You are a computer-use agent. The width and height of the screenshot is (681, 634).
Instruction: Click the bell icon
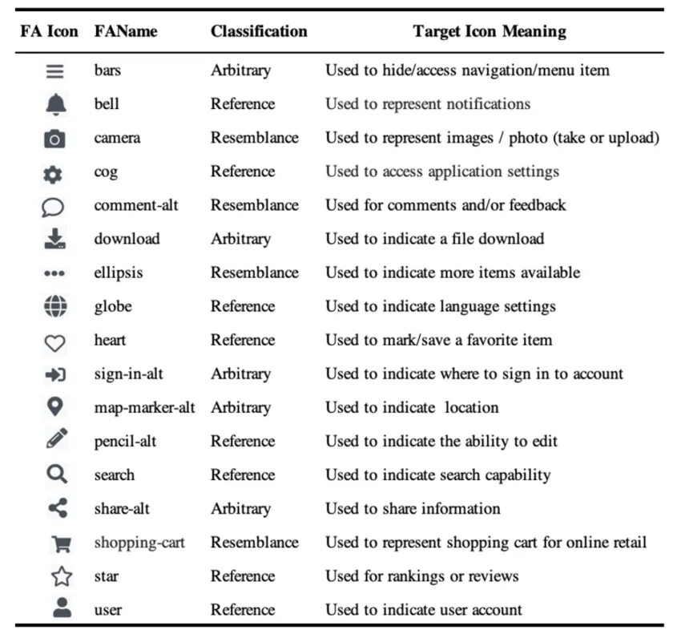(54, 104)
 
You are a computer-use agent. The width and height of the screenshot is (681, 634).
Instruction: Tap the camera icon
(54, 139)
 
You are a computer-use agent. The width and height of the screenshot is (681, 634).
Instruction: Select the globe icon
(54, 306)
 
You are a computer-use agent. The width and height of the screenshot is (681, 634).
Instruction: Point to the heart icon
(54, 341)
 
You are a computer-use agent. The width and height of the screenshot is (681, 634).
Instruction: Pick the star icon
(61, 577)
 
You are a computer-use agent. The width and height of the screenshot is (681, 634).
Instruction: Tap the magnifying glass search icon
(54, 474)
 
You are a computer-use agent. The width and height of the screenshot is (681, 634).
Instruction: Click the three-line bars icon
(54, 71)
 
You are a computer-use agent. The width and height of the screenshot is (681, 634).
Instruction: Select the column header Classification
(259, 32)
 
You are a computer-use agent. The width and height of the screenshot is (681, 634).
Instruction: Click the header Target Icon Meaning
(490, 32)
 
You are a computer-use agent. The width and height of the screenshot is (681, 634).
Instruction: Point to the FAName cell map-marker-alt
(144, 407)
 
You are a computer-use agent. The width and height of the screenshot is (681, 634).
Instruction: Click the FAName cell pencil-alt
(127, 441)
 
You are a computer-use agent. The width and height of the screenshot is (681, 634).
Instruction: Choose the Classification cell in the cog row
(243, 172)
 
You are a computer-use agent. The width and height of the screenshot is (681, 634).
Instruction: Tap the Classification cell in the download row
(241, 239)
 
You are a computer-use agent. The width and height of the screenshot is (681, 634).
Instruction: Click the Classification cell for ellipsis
(255, 273)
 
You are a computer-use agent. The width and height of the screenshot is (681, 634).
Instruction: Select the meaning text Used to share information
(413, 509)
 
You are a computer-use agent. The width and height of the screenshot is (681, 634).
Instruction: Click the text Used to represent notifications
(428, 104)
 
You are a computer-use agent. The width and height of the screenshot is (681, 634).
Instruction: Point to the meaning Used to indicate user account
(424, 610)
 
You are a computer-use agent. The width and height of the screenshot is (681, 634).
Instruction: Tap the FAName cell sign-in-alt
(128, 374)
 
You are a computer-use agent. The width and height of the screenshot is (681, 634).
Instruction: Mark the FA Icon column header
(50, 32)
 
